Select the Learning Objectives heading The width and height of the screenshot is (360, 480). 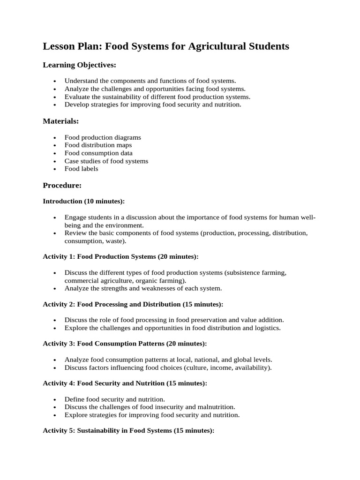(79, 65)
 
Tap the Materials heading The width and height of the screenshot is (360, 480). (61, 121)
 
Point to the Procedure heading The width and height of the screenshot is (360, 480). (62, 186)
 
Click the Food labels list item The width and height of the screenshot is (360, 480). (82, 169)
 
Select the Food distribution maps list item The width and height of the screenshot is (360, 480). (98, 145)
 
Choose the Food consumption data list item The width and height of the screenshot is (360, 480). (98, 153)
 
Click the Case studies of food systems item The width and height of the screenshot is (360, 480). (106, 161)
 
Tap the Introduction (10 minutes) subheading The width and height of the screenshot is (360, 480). (84, 202)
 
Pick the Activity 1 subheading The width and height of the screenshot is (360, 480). (120, 257)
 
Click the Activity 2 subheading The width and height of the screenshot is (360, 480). (133, 304)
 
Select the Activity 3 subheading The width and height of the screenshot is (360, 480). (125, 344)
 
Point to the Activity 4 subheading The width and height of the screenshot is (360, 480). (125, 383)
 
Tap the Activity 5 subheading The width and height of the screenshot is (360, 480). (128, 431)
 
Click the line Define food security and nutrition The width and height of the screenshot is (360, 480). (115, 399)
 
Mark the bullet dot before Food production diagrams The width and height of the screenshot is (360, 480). (55, 138)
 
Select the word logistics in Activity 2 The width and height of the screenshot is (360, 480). (266, 328)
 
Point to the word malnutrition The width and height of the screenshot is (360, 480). (214, 407)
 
